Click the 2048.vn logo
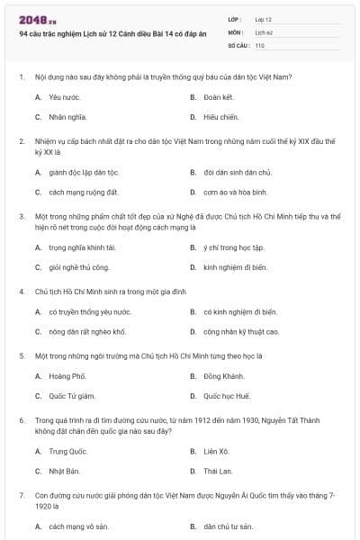pos(37,19)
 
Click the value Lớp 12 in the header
pos(264,18)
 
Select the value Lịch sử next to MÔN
pos(263,31)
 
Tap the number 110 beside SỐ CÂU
pos(260,45)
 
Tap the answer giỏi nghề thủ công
pos(79,267)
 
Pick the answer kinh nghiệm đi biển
pos(235,267)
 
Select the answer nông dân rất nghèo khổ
pos(87,332)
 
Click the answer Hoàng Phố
pos(67,375)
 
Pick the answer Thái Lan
pos(218,472)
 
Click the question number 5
pos(21,355)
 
